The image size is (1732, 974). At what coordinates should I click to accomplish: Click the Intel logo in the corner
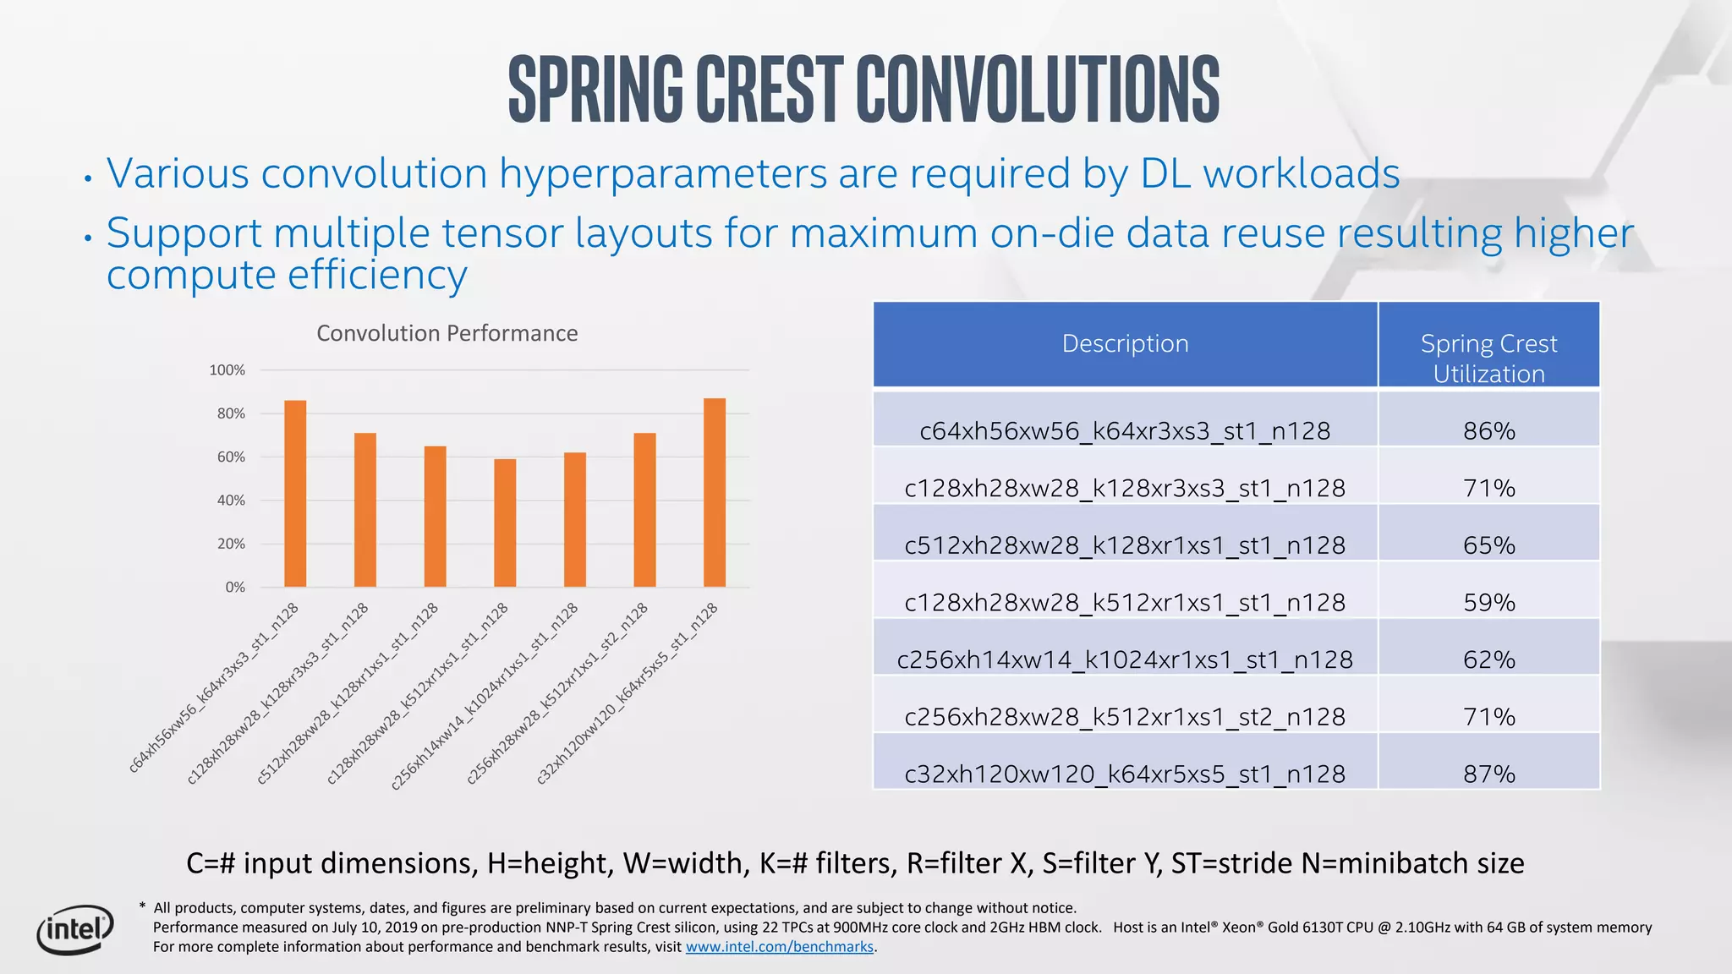coord(74,930)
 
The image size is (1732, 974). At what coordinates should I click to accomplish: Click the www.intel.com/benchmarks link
coord(779,947)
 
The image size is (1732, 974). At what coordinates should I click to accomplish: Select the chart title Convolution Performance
coord(447,333)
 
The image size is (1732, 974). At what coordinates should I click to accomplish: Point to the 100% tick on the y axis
coord(227,370)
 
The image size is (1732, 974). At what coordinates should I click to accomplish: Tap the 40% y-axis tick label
coord(230,501)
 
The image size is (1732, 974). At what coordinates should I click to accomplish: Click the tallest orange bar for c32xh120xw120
coord(715,492)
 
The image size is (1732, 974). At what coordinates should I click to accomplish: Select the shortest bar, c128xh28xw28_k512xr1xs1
coord(505,523)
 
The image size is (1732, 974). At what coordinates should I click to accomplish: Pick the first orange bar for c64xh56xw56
coord(295,494)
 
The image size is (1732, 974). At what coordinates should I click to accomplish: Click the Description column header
coord(1125,344)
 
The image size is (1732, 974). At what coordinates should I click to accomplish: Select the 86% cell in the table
coord(1488,430)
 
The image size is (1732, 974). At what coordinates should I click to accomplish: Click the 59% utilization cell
coord(1488,602)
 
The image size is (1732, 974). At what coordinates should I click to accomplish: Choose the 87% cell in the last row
coord(1488,774)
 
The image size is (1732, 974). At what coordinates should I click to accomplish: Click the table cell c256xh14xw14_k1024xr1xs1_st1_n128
coord(1125,659)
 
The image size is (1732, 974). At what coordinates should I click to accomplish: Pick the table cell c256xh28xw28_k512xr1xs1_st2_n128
coord(1125,717)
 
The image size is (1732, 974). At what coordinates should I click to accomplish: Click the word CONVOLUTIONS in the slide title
coord(1038,90)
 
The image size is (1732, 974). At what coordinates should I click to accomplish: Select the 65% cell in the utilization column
coord(1488,545)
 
